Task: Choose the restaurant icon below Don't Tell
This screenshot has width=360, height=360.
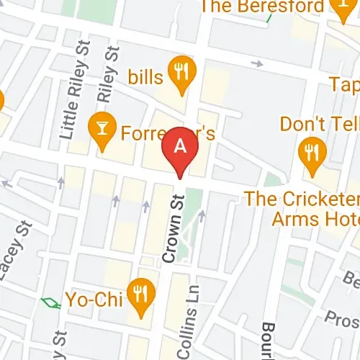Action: (x=312, y=153)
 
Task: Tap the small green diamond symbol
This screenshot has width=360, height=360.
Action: (x=51, y=302)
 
